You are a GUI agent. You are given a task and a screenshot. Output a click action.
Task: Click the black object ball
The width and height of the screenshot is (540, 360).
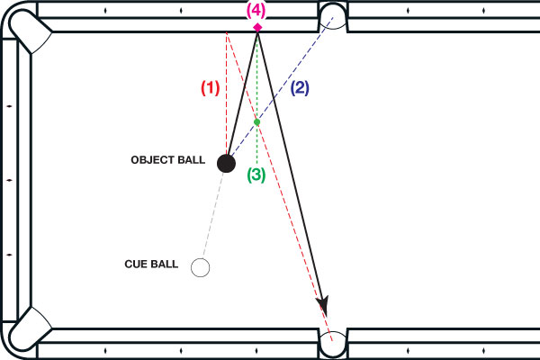pyautogui.click(x=226, y=163)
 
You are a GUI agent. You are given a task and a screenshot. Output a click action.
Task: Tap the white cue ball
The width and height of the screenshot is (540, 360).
pyautogui.click(x=201, y=267)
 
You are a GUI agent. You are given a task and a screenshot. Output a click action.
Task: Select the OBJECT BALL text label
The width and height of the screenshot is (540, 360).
pyautogui.click(x=169, y=160)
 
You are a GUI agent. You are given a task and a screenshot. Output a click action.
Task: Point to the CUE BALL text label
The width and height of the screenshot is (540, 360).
pyautogui.click(x=151, y=265)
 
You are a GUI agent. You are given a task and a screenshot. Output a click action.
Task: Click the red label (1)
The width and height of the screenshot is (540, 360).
pyautogui.click(x=210, y=88)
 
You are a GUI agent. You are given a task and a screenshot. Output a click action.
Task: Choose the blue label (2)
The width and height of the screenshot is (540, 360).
pyautogui.click(x=300, y=88)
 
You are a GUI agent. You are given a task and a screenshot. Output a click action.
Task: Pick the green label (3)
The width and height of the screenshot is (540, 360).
pyautogui.click(x=256, y=175)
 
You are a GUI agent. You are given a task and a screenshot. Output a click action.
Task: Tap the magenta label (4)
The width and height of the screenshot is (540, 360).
pyautogui.click(x=257, y=11)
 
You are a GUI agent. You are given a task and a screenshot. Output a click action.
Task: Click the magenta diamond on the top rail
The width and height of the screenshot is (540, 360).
pyautogui.click(x=257, y=27)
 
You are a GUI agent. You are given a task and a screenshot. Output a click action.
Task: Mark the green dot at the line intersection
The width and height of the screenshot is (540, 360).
pyautogui.click(x=256, y=121)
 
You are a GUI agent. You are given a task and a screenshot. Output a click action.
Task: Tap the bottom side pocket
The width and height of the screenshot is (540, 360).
pyautogui.click(x=334, y=344)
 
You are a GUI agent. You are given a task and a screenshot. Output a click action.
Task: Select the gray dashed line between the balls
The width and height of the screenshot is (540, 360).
pyautogui.click(x=213, y=216)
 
